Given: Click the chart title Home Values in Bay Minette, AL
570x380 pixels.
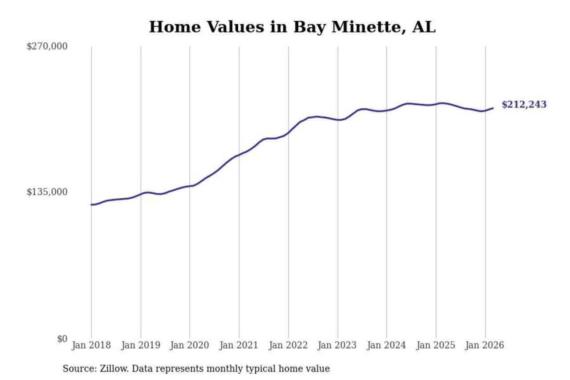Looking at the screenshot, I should pyautogui.click(x=292, y=27).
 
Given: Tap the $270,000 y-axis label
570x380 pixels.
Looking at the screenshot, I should pyautogui.click(x=47, y=46).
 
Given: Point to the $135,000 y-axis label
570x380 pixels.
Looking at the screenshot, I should pyautogui.click(x=47, y=192).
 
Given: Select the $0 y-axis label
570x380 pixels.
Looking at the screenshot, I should pyautogui.click(x=62, y=339).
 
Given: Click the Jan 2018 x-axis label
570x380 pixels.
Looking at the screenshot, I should pyautogui.click(x=92, y=346).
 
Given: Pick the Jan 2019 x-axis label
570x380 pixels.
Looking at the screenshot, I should pyautogui.click(x=141, y=346).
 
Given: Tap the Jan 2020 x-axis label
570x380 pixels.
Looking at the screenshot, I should pyautogui.click(x=190, y=346).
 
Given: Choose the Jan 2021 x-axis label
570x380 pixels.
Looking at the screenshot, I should pyautogui.click(x=239, y=346).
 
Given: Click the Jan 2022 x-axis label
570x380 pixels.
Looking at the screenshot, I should pyautogui.click(x=288, y=346).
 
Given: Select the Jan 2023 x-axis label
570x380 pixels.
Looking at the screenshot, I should pyautogui.click(x=338, y=346).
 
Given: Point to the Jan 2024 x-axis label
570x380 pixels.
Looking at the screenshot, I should pyautogui.click(x=387, y=346).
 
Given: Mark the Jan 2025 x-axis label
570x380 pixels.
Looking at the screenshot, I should pyautogui.click(x=436, y=346).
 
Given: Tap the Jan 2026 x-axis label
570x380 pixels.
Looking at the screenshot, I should pyautogui.click(x=485, y=346).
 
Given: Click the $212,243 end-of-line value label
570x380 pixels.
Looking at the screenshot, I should pyautogui.click(x=524, y=105).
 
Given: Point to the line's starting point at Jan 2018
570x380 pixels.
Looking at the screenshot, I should pyautogui.click(x=92, y=204).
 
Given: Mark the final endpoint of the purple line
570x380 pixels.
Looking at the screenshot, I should pyautogui.click(x=493, y=108).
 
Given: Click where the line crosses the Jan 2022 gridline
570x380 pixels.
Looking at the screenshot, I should pyautogui.click(x=288, y=133).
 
